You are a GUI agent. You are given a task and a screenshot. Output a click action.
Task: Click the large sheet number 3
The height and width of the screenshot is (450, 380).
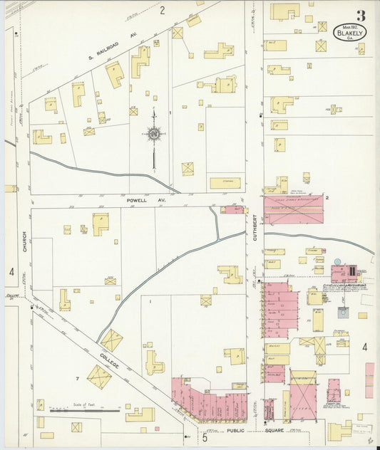coord(361,15)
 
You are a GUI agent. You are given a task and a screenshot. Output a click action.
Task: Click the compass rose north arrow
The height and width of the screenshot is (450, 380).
coord(153,134)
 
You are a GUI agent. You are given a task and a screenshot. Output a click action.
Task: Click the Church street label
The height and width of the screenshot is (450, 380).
coord(24,244)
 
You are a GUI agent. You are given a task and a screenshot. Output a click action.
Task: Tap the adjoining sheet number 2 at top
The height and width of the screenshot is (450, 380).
coord(162,10)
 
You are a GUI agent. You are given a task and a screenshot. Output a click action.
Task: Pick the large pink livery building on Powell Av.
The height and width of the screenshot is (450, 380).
coord(293,210)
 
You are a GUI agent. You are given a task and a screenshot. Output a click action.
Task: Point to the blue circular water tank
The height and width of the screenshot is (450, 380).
coord(337,262)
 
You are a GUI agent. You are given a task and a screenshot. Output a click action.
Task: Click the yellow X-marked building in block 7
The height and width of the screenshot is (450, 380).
coord(99,377)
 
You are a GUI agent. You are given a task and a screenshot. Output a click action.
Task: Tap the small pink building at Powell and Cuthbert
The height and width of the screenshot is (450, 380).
coord(232,209)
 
